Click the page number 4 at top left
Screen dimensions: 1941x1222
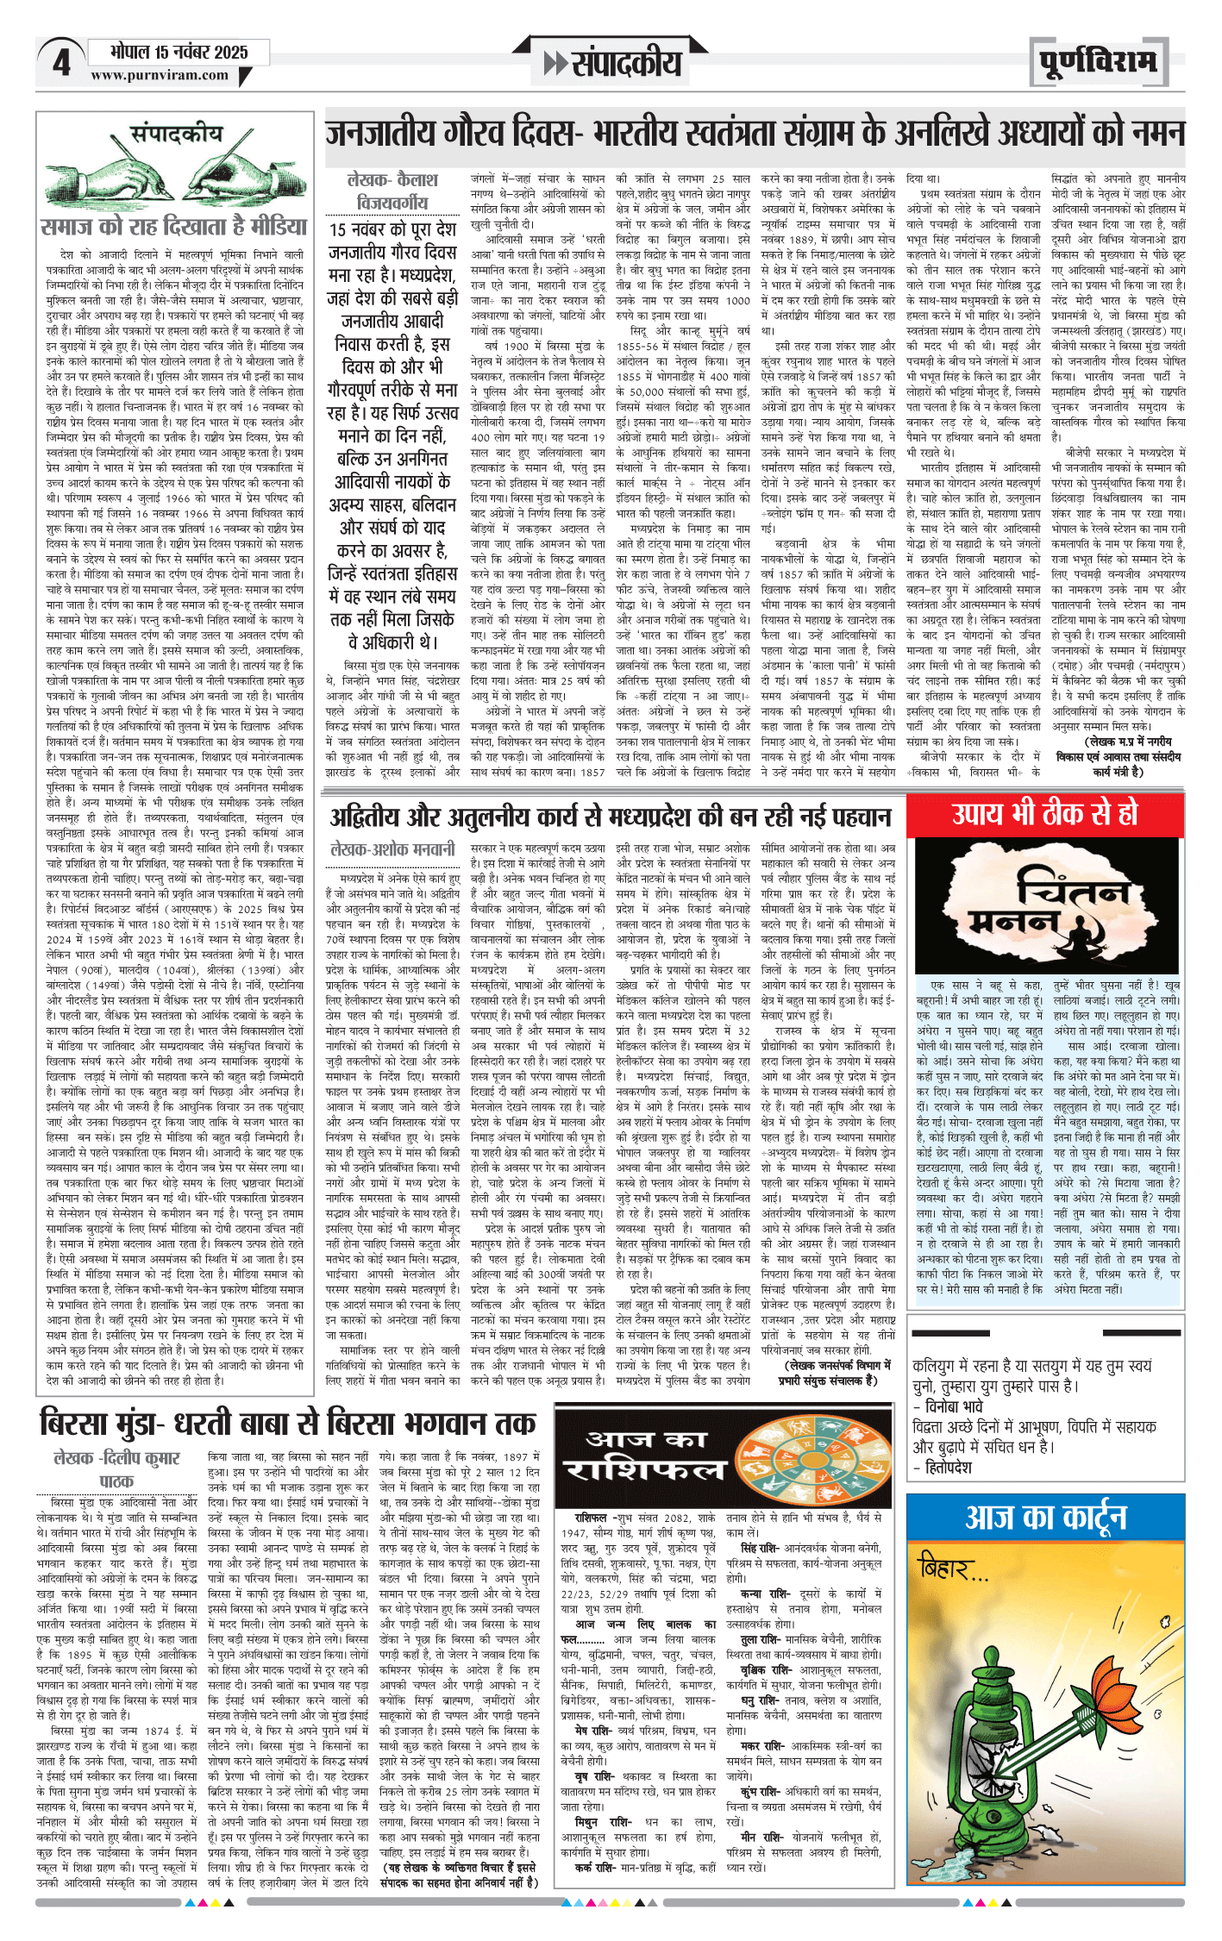(61, 63)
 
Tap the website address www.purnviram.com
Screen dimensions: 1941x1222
(160, 75)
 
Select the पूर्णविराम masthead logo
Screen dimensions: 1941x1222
(1098, 62)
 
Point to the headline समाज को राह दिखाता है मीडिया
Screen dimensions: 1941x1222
(174, 227)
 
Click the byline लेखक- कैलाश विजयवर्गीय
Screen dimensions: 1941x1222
(392, 191)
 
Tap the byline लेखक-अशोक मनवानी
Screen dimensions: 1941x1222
(392, 848)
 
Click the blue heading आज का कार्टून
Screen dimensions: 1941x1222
(1045, 1517)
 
